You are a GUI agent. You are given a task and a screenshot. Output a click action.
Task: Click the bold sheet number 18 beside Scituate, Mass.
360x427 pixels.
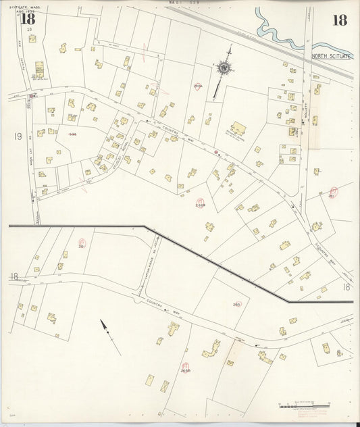coord(28,19)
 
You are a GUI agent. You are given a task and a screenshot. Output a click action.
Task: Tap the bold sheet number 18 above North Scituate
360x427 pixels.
coord(339,20)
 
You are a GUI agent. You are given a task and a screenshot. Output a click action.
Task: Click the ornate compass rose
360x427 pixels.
coord(223,67)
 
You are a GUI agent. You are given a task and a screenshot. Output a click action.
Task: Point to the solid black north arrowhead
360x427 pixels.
coord(104,326)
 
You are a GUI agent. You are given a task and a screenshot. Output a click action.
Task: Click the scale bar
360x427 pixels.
coord(305,407)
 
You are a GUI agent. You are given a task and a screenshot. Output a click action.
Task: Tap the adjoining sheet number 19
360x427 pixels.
coord(18,136)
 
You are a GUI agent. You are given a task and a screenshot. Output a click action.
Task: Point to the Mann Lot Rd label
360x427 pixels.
coord(32,161)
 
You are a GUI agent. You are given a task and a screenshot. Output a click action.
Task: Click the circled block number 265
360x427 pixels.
coord(236,305)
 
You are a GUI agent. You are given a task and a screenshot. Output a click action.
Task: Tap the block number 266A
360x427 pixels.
coord(198,86)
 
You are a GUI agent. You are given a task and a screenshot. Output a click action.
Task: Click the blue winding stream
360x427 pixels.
coord(277,30)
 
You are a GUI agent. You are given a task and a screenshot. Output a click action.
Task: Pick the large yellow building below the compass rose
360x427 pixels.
coord(238,128)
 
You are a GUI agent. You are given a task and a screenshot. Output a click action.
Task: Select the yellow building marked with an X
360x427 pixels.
coord(165,386)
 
